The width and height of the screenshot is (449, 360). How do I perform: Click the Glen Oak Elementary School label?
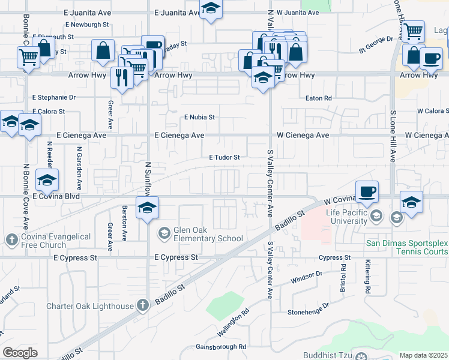(208, 234)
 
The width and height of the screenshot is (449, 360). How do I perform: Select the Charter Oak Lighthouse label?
(90, 307)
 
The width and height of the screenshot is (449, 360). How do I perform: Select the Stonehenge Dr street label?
(308, 309)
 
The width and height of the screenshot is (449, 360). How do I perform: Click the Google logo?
(20, 353)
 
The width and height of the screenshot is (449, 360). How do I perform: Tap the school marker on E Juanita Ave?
(211, 10)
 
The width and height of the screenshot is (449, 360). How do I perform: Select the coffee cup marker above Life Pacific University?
(367, 191)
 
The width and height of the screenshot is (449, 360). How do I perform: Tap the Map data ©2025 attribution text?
(424, 355)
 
